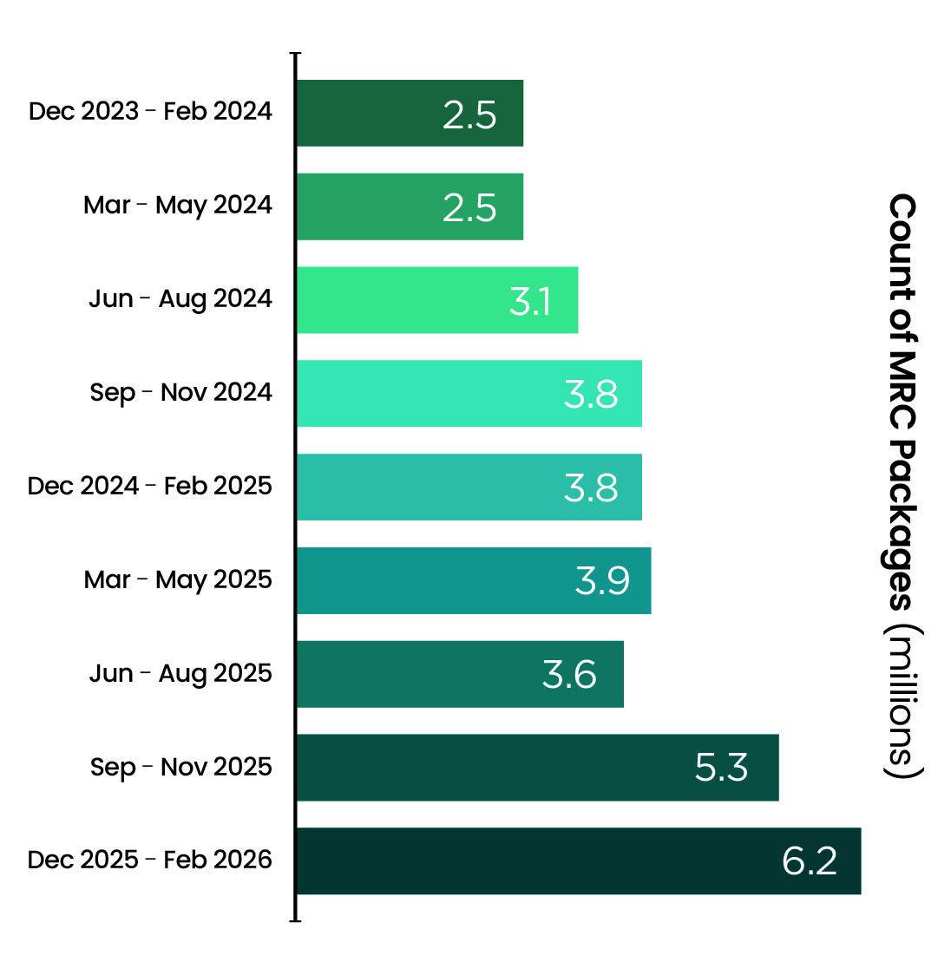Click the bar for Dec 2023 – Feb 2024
410,113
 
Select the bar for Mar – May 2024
410,206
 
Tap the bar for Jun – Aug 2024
437,300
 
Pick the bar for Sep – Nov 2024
469,394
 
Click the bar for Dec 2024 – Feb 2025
469,487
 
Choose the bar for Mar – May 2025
474,581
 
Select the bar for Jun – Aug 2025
460,674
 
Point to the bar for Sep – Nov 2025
538,768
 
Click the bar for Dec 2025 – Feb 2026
579,861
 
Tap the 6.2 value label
810,861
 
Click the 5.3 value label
721,768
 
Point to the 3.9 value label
602,581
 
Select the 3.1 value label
530,301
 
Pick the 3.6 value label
569,675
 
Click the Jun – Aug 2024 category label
180,299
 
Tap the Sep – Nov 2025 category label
181,768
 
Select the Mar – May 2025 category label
178,580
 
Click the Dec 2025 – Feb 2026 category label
150,860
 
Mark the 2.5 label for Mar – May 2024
469,207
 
